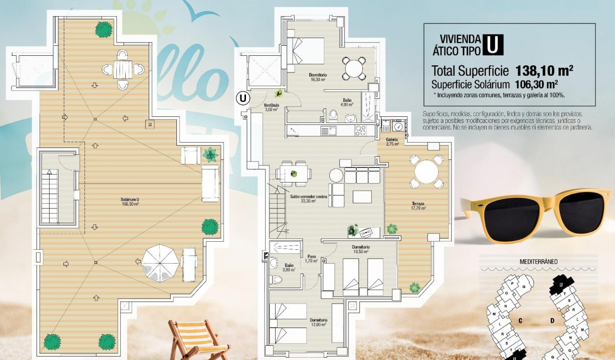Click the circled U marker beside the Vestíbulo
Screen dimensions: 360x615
pos(243,99)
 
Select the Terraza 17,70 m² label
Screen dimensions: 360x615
pos(419,206)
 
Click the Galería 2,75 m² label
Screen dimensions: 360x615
pos(392,142)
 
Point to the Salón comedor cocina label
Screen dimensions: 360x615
pos(308,198)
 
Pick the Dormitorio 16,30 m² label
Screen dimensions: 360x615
pos(318,77)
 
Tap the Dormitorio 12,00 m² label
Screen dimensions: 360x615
pos(318,322)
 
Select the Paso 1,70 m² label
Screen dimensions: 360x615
pos(312,258)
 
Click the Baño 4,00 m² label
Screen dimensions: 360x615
pos(347,102)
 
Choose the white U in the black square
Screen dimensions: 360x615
pos(493,45)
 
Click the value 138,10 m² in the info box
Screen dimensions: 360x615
pos(543,71)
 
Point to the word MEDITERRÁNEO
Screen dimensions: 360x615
pos(538,261)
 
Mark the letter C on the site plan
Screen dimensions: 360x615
pos(520,320)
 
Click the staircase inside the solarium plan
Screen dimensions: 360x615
pos(50,195)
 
